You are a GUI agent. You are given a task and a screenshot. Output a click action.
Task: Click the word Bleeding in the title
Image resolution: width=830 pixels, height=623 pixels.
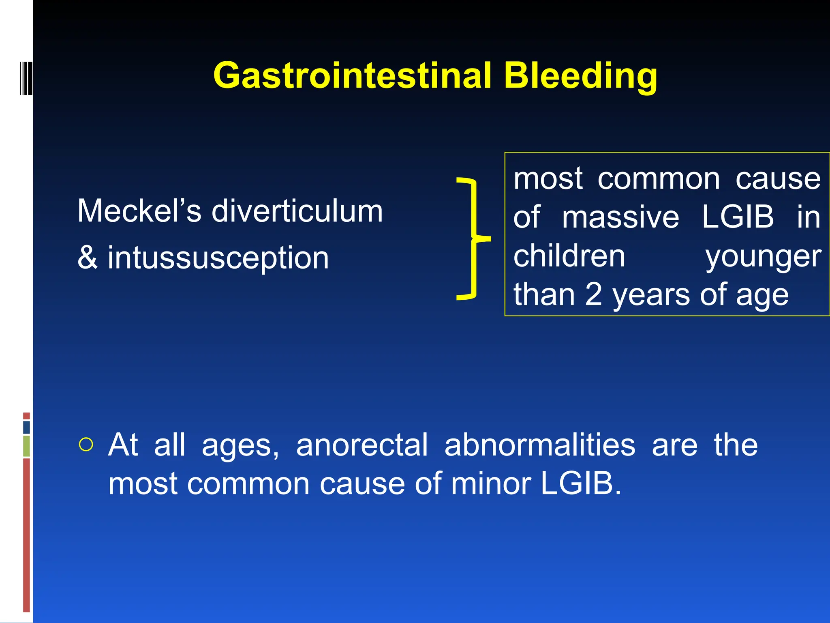[x=580, y=76]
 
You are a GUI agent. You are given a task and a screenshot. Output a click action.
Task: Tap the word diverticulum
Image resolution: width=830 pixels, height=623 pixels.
[x=297, y=211]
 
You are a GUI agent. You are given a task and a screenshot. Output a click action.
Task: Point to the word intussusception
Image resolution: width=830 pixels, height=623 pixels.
[x=218, y=258]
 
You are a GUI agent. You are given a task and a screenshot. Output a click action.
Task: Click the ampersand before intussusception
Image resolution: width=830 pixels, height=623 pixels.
[x=88, y=258]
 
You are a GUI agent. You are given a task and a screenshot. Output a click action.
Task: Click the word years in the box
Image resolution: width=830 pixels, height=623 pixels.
[x=651, y=295]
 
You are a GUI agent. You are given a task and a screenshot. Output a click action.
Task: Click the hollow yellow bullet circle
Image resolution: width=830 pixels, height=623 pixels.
[x=86, y=445]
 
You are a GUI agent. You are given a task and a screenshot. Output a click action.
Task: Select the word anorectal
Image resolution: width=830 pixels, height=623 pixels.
[x=362, y=445]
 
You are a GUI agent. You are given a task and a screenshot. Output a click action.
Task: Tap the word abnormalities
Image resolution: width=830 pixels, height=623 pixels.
[x=539, y=445]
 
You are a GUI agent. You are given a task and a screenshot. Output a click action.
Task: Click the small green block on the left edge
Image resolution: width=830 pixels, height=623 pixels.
[x=26, y=446]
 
